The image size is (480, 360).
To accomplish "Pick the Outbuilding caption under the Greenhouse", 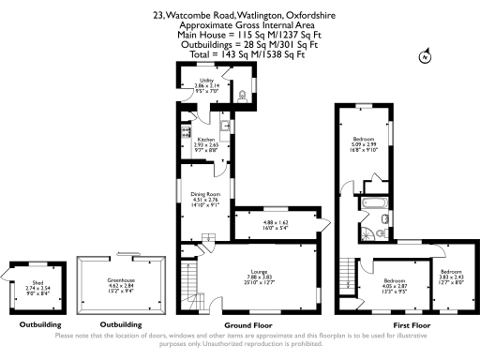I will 121,325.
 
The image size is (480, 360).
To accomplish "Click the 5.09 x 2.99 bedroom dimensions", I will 363,143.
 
